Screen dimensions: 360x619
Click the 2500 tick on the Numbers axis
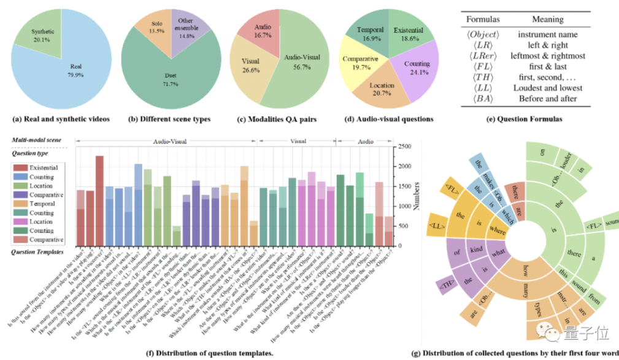click(402, 147)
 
